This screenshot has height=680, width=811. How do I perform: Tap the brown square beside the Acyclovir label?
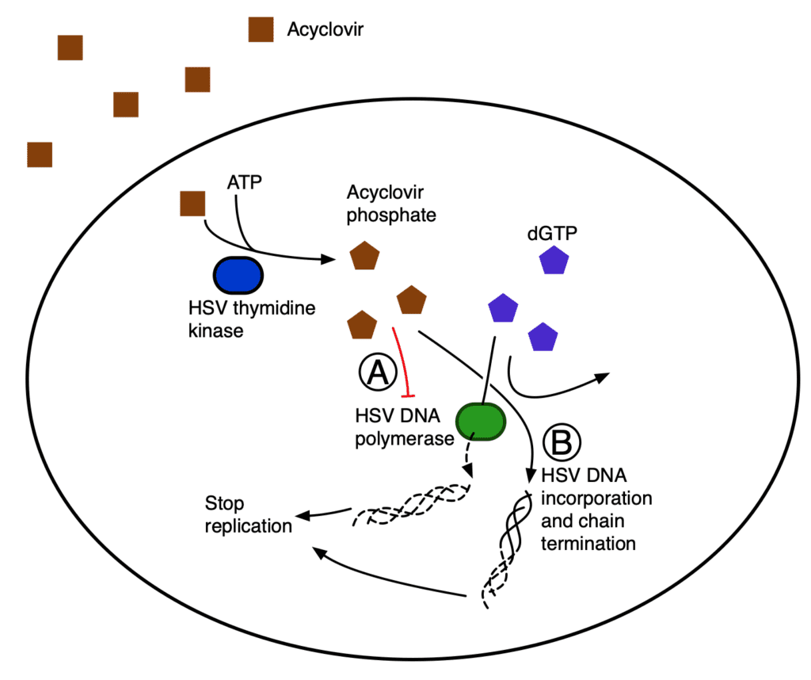[261, 30]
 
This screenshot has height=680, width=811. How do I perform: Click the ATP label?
[243, 181]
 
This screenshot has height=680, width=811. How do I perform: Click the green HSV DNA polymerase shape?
[481, 420]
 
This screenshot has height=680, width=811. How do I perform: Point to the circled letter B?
[565, 444]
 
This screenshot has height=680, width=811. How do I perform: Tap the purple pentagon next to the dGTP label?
[554, 261]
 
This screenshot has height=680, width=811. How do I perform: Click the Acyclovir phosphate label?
[391, 204]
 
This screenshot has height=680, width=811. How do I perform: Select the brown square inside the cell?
[192, 204]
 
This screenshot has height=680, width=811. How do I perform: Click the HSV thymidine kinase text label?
[252, 319]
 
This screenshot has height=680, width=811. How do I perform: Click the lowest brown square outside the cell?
[40, 155]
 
